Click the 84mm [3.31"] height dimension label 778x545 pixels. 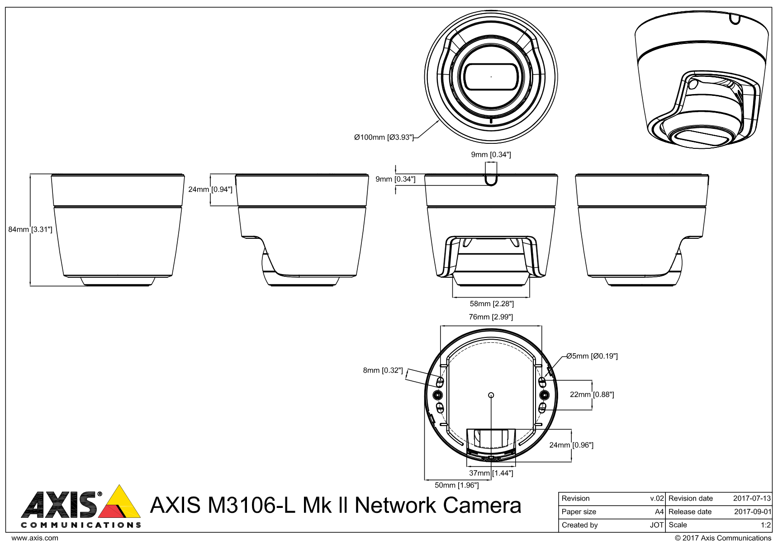(x=30, y=229)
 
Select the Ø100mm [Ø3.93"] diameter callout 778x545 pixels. (x=384, y=137)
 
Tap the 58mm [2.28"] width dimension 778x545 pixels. (x=491, y=303)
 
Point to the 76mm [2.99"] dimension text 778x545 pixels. (x=491, y=317)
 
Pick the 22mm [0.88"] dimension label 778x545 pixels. (x=592, y=394)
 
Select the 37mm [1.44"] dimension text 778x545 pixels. (x=491, y=473)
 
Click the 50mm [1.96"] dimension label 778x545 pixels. (x=456, y=485)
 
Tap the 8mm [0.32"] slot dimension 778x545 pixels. (x=383, y=370)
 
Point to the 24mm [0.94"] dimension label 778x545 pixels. (x=210, y=189)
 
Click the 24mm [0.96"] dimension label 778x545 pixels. (x=571, y=445)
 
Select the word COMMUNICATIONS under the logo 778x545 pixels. (x=81, y=525)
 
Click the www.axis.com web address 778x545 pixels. (x=34, y=538)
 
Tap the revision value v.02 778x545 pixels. (x=657, y=498)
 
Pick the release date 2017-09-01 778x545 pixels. (x=752, y=512)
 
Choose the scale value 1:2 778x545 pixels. (x=765, y=525)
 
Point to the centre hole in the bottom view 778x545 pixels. (x=492, y=395)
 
